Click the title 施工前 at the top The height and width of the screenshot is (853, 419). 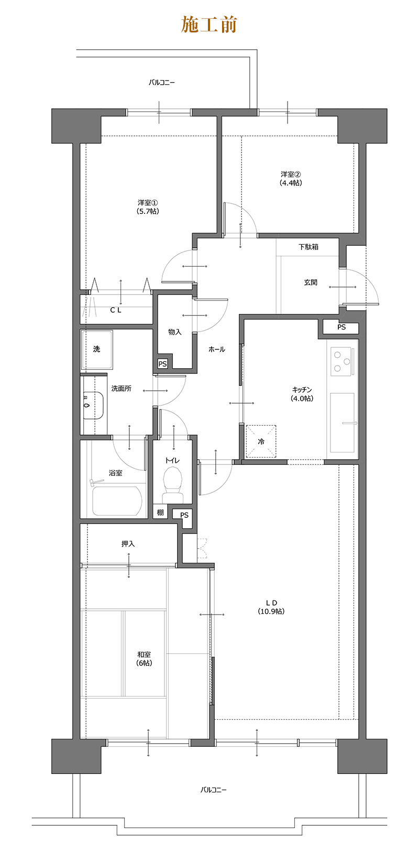(x=209, y=25)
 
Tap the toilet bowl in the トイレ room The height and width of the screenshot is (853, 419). (x=172, y=484)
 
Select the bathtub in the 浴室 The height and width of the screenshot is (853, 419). (x=117, y=501)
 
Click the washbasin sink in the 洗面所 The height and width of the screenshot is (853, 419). (x=93, y=405)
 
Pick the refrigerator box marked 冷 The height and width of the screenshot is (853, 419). (x=261, y=441)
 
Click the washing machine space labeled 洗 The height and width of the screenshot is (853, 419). (x=97, y=349)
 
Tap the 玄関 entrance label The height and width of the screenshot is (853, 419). (x=311, y=282)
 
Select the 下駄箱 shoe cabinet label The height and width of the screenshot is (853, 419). (x=308, y=247)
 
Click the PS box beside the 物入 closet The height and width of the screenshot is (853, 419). (x=163, y=363)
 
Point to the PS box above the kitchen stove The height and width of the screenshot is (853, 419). (x=341, y=327)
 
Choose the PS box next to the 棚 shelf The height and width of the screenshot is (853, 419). (x=184, y=515)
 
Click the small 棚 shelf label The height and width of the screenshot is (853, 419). (x=160, y=512)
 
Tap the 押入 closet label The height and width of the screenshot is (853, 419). (x=128, y=544)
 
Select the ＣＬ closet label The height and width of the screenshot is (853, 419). (x=116, y=310)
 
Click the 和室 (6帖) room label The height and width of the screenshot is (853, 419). (x=144, y=658)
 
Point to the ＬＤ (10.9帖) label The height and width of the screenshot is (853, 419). (x=271, y=607)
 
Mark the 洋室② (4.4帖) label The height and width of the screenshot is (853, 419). (x=291, y=178)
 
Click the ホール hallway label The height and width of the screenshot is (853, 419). (x=216, y=349)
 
